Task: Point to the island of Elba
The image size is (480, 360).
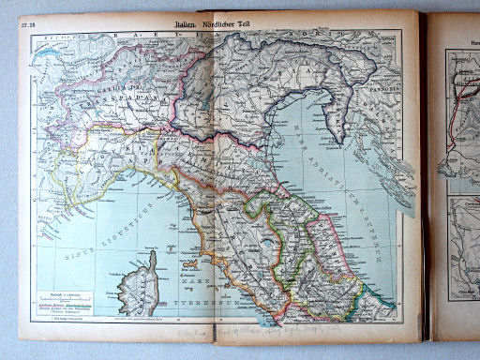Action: pos(185,255)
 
